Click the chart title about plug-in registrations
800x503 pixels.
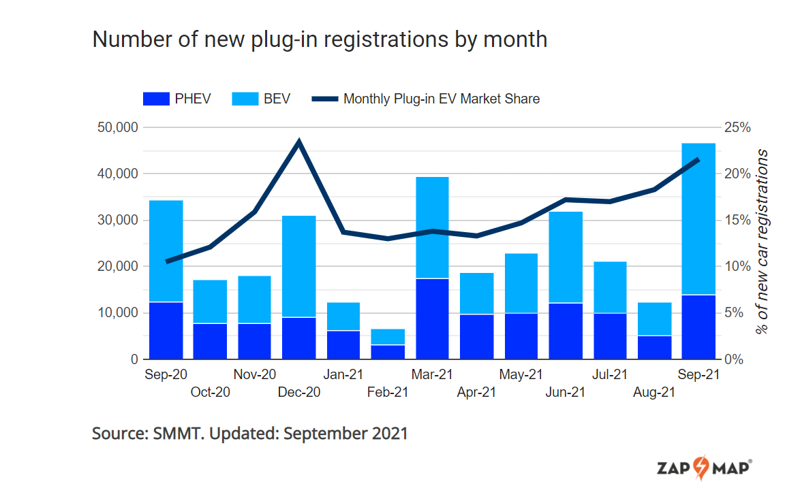(x=320, y=39)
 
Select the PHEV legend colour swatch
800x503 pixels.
(x=155, y=99)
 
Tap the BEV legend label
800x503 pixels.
(x=277, y=99)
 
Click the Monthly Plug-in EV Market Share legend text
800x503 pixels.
(x=441, y=99)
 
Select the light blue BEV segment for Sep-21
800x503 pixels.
(x=698, y=218)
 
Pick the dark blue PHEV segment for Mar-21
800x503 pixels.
(x=432, y=319)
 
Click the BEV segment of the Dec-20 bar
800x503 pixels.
(x=299, y=266)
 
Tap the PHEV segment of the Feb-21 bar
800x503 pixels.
(x=388, y=352)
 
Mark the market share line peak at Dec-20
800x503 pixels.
(x=299, y=142)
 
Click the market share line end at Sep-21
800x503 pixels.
(x=698, y=159)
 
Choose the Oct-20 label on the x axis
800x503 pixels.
(x=210, y=392)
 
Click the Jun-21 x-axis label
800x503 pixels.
(x=565, y=392)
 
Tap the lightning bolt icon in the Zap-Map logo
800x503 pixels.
(x=701, y=468)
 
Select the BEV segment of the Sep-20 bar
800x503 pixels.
(x=166, y=250)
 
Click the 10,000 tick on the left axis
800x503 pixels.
(x=114, y=313)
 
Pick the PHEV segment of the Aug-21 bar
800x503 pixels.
(x=654, y=347)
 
